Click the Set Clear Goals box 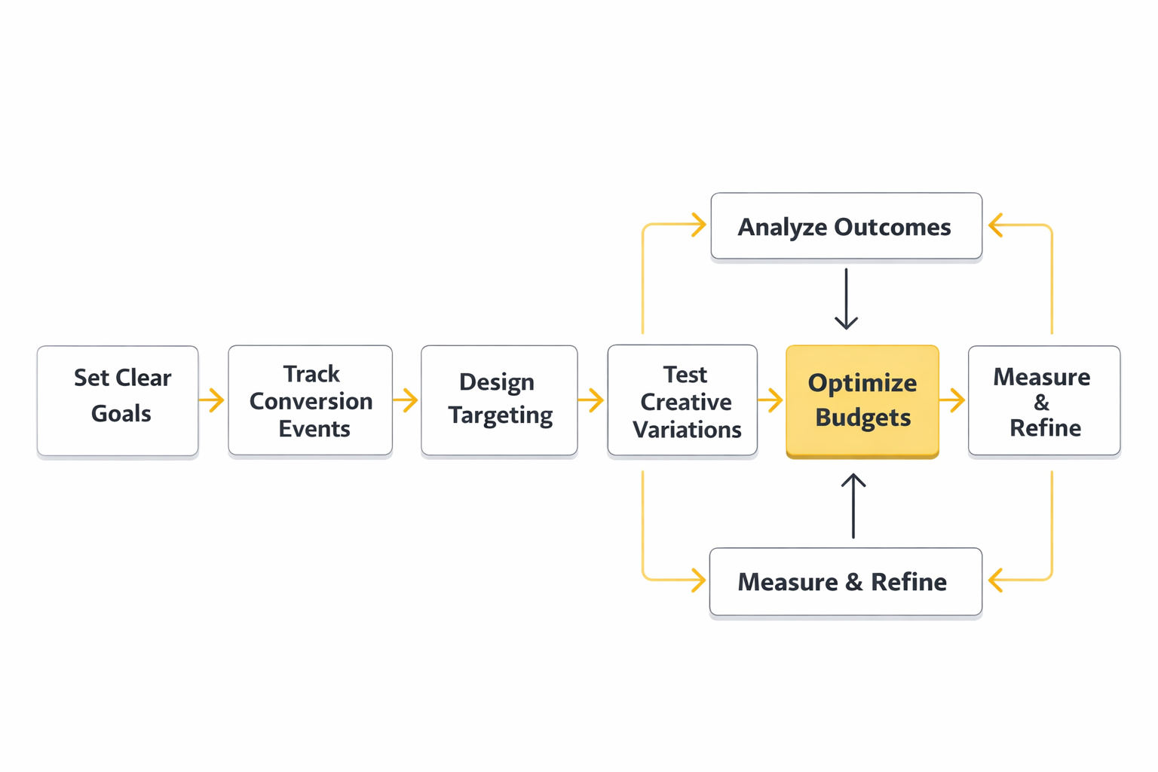coord(118,400)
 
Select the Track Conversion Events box coord(310,400)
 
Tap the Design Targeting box coord(499,400)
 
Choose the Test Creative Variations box coord(682,400)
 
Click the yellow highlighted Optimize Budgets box coord(862,400)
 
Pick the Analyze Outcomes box coord(846,226)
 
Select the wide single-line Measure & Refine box coord(845,581)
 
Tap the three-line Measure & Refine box coord(1043,400)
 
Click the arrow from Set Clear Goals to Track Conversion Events coord(213,400)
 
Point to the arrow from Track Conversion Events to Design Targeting coord(406,400)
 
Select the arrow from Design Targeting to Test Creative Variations coord(592,400)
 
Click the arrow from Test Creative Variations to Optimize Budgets coord(771,400)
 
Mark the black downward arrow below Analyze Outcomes coord(846,299)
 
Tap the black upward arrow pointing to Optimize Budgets coord(853,505)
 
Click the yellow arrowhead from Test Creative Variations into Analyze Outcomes coord(698,224)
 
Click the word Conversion coord(311,401)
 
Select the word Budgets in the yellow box coord(862,417)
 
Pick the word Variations coord(687,430)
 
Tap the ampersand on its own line coord(1041,403)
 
